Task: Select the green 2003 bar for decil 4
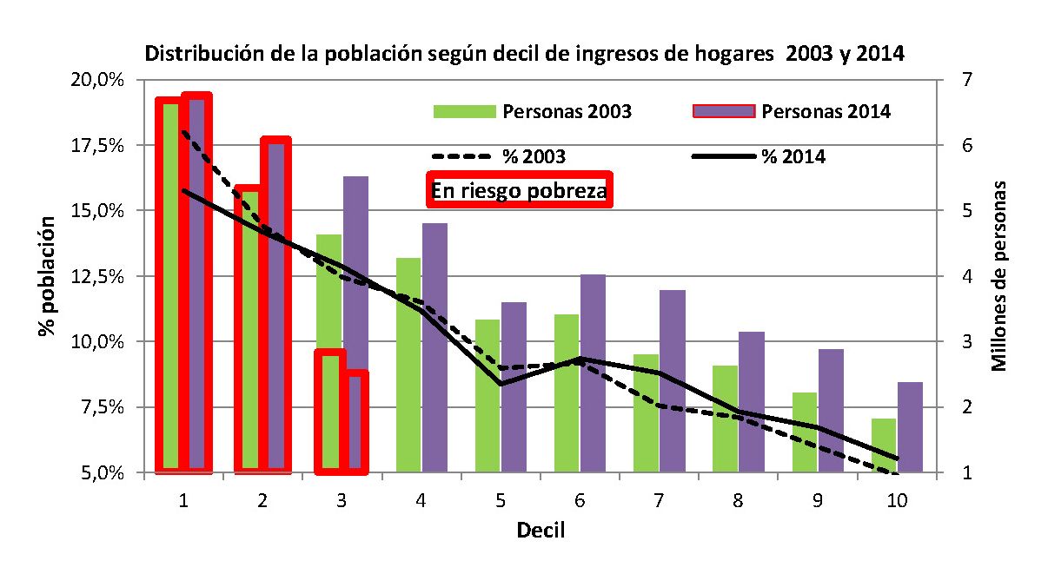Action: tap(408, 365)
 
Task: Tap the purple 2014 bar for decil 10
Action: tap(910, 427)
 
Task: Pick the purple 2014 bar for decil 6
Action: tap(593, 373)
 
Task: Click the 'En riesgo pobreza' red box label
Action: tap(519, 191)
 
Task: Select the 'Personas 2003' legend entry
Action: tap(533, 111)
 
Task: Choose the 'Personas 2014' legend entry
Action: tap(792, 111)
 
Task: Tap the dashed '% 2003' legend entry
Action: tap(499, 157)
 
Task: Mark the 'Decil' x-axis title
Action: tap(541, 530)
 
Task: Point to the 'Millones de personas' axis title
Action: tap(1000, 276)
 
